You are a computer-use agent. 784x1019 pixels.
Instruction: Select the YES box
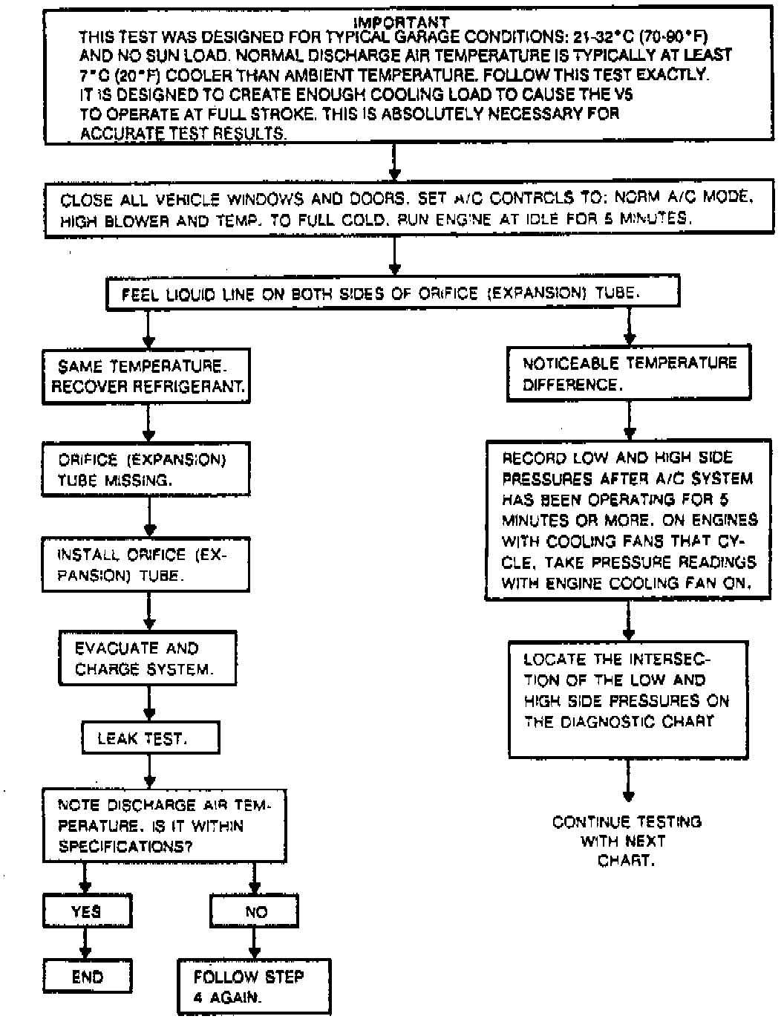pyautogui.click(x=86, y=911)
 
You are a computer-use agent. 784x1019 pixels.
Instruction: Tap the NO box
pyautogui.click(x=255, y=911)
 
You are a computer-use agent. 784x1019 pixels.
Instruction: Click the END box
pyautogui.click(x=86, y=977)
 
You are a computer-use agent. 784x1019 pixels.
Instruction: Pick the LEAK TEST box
pyautogui.click(x=151, y=738)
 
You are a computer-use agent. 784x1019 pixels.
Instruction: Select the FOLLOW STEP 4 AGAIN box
pyautogui.click(x=254, y=987)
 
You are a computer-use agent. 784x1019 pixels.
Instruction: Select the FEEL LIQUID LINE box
pyautogui.click(x=393, y=293)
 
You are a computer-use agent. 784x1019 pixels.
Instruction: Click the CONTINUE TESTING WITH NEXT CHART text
pyautogui.click(x=627, y=841)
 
